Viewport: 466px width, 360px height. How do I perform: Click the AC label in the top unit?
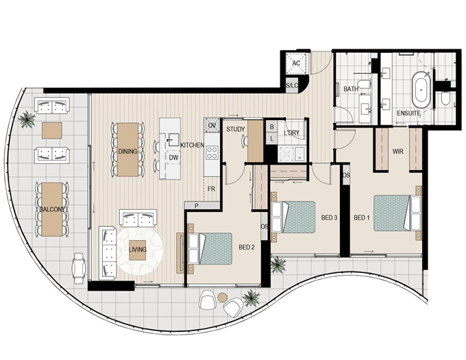[x=296, y=63]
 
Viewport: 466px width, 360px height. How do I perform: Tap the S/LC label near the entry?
[x=291, y=86]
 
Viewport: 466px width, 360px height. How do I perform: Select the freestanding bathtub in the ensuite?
[x=421, y=89]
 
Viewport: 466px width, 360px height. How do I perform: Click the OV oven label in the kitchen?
[x=212, y=125]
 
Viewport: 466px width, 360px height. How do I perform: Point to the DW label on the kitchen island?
[x=173, y=158]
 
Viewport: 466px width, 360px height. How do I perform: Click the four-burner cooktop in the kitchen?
[x=212, y=153]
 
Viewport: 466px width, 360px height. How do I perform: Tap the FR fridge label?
[x=211, y=189]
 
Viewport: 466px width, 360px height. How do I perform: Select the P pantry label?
[x=197, y=206]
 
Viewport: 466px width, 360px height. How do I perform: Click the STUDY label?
[x=236, y=130]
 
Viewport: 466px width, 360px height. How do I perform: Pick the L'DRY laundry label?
[x=291, y=133]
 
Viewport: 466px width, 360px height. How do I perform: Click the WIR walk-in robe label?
[x=398, y=152]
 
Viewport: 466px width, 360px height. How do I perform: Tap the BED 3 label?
[x=330, y=218]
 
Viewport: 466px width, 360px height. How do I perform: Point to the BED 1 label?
[x=362, y=218]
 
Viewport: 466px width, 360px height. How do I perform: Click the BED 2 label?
[x=247, y=248]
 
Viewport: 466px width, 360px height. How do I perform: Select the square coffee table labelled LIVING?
[x=138, y=250]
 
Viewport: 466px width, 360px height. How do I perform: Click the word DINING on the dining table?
[x=127, y=152]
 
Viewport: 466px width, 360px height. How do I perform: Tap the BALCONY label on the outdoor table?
[x=52, y=209]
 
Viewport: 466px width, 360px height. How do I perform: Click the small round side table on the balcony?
[x=222, y=297]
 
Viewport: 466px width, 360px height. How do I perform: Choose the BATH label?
[x=351, y=89]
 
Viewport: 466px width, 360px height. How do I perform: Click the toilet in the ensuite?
[x=445, y=98]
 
